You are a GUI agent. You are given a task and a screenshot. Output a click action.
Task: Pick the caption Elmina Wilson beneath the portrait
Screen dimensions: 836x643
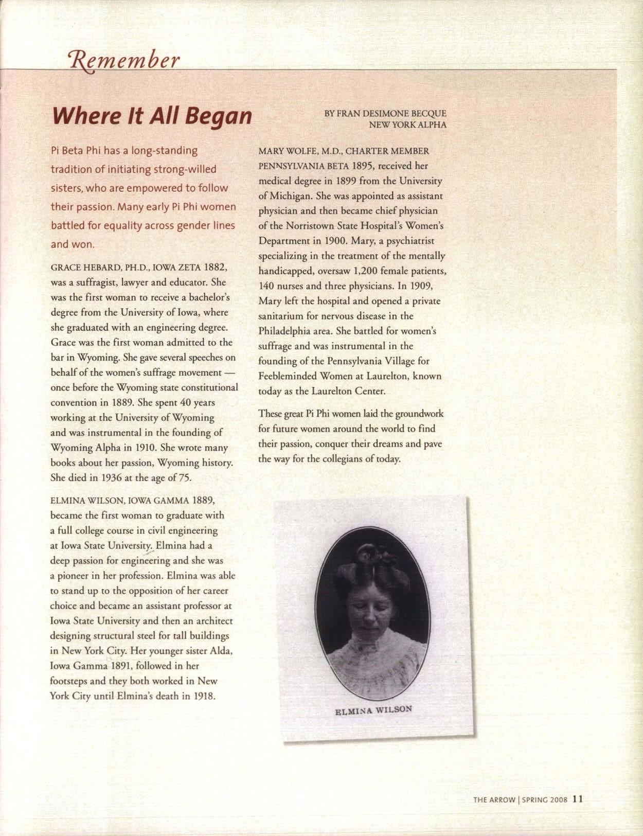[373, 710]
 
